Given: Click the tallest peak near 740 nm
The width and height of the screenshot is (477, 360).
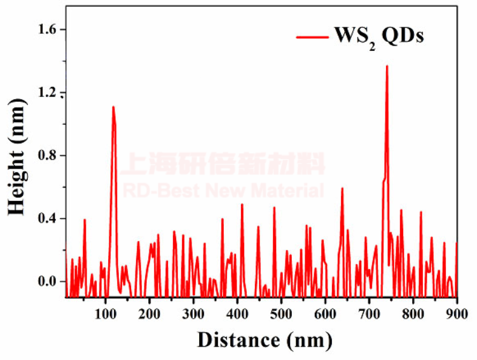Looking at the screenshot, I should click(387, 66).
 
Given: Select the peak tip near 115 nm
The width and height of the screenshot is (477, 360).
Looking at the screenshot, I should click(113, 107).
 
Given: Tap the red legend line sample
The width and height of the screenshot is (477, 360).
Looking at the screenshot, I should click(311, 36).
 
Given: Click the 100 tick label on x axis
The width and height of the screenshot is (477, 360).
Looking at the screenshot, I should click(106, 314).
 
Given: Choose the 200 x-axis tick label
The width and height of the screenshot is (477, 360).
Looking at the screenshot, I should click(150, 314).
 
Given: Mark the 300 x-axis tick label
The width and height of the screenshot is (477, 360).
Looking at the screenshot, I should click(194, 314).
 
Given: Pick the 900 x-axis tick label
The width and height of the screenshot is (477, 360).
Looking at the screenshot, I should click(456, 314).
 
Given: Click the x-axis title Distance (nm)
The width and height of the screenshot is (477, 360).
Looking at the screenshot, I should click(264, 340).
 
